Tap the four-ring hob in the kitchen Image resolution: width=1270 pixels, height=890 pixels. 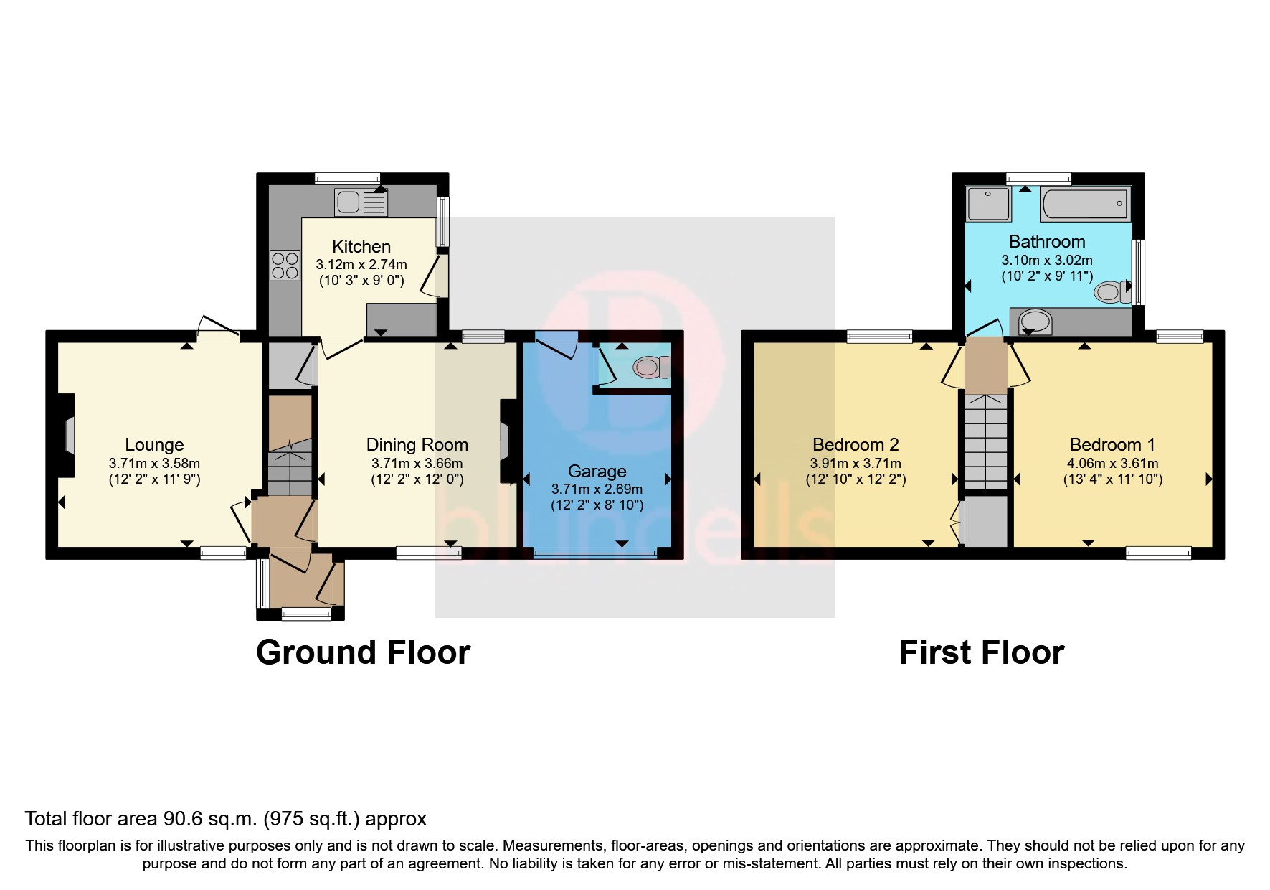[x=285, y=266]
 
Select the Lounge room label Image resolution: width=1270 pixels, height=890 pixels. [x=154, y=445]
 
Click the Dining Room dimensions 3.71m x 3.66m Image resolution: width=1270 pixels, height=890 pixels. [x=417, y=464]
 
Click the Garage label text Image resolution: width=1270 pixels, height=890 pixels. [x=597, y=472]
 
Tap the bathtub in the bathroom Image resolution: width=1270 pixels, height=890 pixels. [x=1085, y=204]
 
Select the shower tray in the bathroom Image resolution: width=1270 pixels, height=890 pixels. [x=987, y=203]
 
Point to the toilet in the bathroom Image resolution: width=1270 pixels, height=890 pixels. [x=1112, y=291]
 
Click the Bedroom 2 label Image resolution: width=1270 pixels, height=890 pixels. [x=856, y=445]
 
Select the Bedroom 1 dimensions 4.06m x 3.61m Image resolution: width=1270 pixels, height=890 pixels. [x=1112, y=464]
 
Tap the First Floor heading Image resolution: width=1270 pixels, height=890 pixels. [x=981, y=652]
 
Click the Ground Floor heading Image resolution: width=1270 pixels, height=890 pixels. [x=363, y=652]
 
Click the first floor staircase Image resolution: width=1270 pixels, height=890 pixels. [x=985, y=441]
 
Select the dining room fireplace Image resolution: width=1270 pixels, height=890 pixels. [x=505, y=441]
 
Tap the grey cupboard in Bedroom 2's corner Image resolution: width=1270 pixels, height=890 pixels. [x=985, y=522]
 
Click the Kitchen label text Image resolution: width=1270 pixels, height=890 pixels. [x=361, y=247]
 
